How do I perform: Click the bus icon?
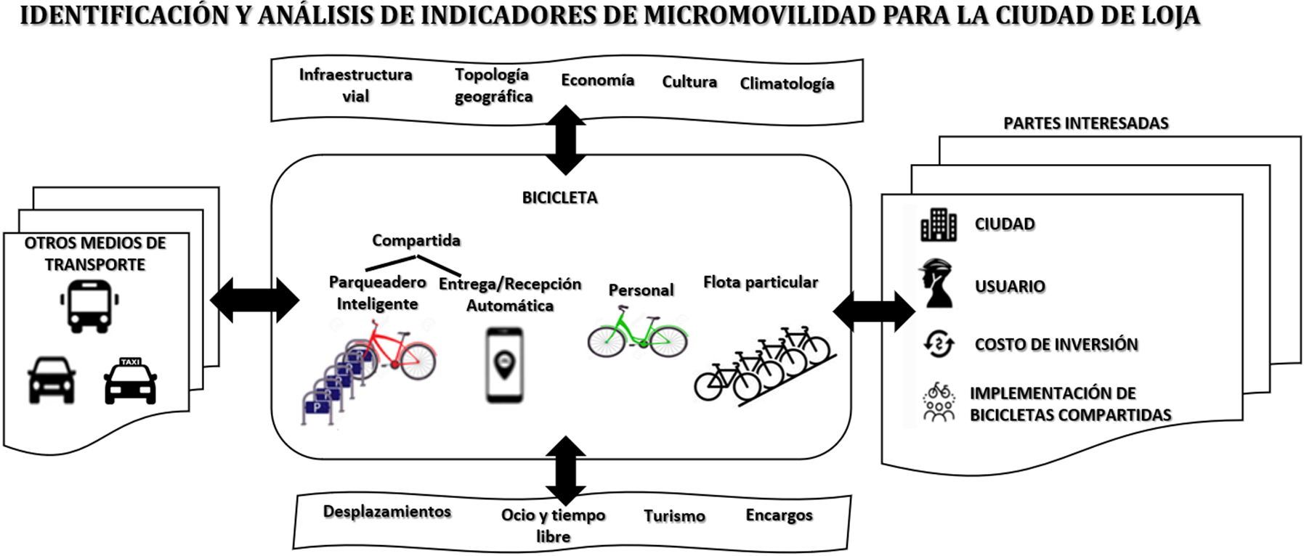pyautogui.click(x=89, y=306)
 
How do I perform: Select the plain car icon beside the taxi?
pyautogui.click(x=52, y=380)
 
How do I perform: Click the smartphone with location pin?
pyautogui.click(x=505, y=365)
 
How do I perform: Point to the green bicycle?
pyautogui.click(x=637, y=334)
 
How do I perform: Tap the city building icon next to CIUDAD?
pyautogui.click(x=939, y=224)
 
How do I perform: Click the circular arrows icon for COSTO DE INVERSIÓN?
pyautogui.click(x=938, y=343)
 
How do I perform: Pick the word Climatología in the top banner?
pyautogui.click(x=787, y=83)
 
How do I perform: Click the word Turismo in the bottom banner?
pyautogui.click(x=674, y=516)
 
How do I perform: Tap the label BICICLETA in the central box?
pyautogui.click(x=559, y=197)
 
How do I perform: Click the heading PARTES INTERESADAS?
pyautogui.click(x=1085, y=123)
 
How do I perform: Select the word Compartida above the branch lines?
pyautogui.click(x=416, y=240)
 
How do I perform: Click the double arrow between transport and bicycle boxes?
pyautogui.click(x=254, y=300)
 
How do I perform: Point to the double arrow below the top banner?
pyautogui.click(x=565, y=140)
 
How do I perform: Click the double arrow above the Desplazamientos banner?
pyautogui.click(x=565, y=470)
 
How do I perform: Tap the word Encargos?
pyautogui.click(x=779, y=515)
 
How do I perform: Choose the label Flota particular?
pyautogui.click(x=760, y=282)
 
